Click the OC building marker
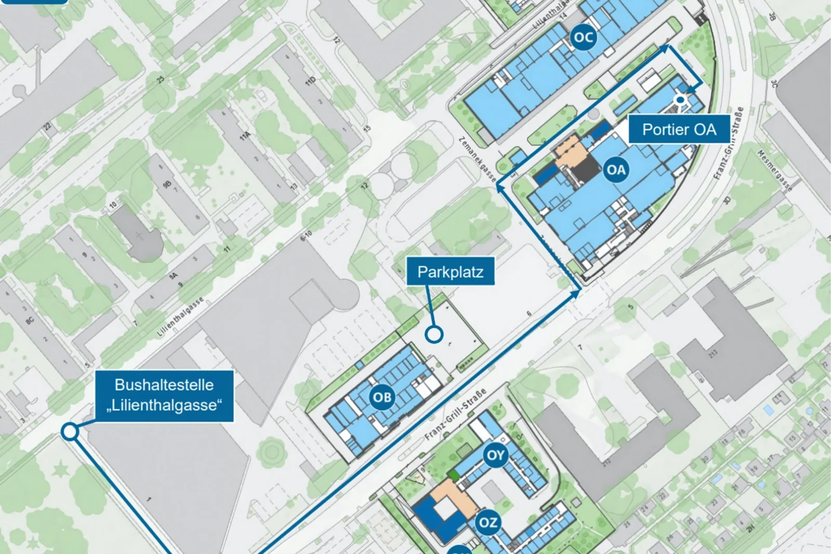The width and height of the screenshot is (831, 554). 583,37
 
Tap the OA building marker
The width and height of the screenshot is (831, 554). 616,170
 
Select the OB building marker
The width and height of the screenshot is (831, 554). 382,397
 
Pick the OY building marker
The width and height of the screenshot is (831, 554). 495,455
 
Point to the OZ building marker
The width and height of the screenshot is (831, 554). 488,522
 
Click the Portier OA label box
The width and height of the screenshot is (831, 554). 679,129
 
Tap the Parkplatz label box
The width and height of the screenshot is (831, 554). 450,272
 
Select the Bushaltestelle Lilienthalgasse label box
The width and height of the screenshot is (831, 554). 164,395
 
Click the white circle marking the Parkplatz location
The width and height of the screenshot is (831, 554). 434,334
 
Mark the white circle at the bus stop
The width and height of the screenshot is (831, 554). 70,431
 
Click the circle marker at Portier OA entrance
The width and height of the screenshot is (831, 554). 680,100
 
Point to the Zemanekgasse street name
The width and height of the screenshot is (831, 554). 477,159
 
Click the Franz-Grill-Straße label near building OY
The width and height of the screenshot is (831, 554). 455,414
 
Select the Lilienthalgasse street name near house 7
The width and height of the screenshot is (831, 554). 180,317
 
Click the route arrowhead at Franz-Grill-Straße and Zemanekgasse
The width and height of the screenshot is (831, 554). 575,294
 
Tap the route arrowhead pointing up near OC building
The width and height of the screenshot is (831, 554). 665,48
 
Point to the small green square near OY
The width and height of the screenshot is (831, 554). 454,475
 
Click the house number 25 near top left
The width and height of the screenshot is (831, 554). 160,79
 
